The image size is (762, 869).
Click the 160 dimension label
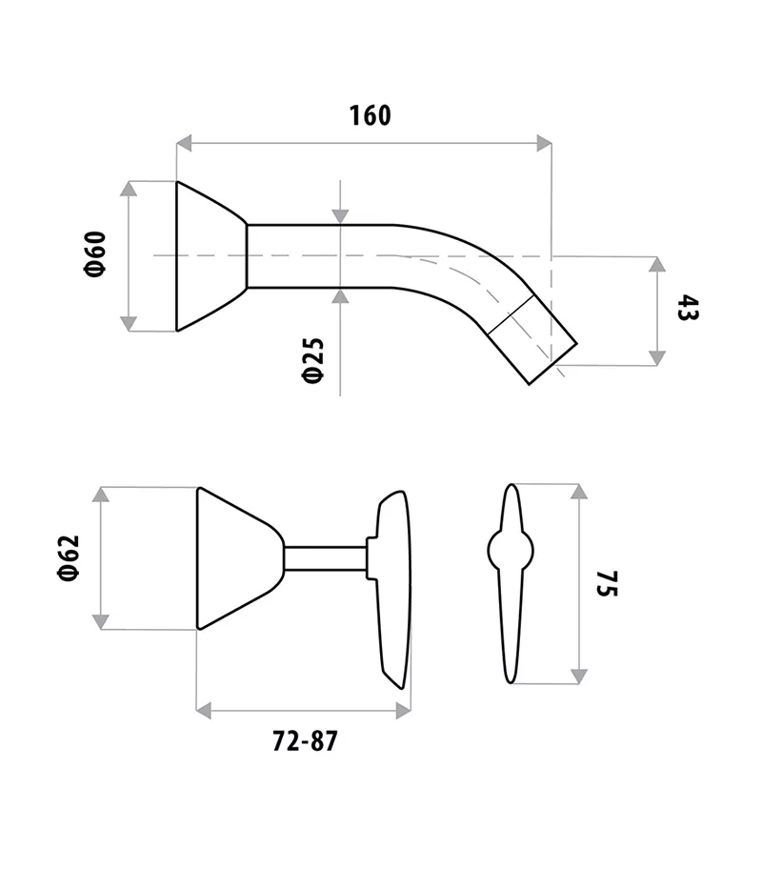point(370,115)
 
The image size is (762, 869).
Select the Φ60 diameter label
point(94,254)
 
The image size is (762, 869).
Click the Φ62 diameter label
point(68,557)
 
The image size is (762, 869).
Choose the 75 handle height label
point(608,584)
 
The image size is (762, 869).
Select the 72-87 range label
point(305,741)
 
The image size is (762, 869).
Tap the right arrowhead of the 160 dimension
point(544,144)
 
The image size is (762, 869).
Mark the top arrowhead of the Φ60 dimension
point(129,189)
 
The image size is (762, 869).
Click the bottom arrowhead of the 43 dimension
point(657,357)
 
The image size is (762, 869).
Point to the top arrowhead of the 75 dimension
point(578,492)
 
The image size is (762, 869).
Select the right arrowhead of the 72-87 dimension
point(403,710)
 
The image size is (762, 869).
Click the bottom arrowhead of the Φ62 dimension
point(100,621)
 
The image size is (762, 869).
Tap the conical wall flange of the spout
point(210,255)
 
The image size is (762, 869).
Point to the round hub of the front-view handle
point(511,550)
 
